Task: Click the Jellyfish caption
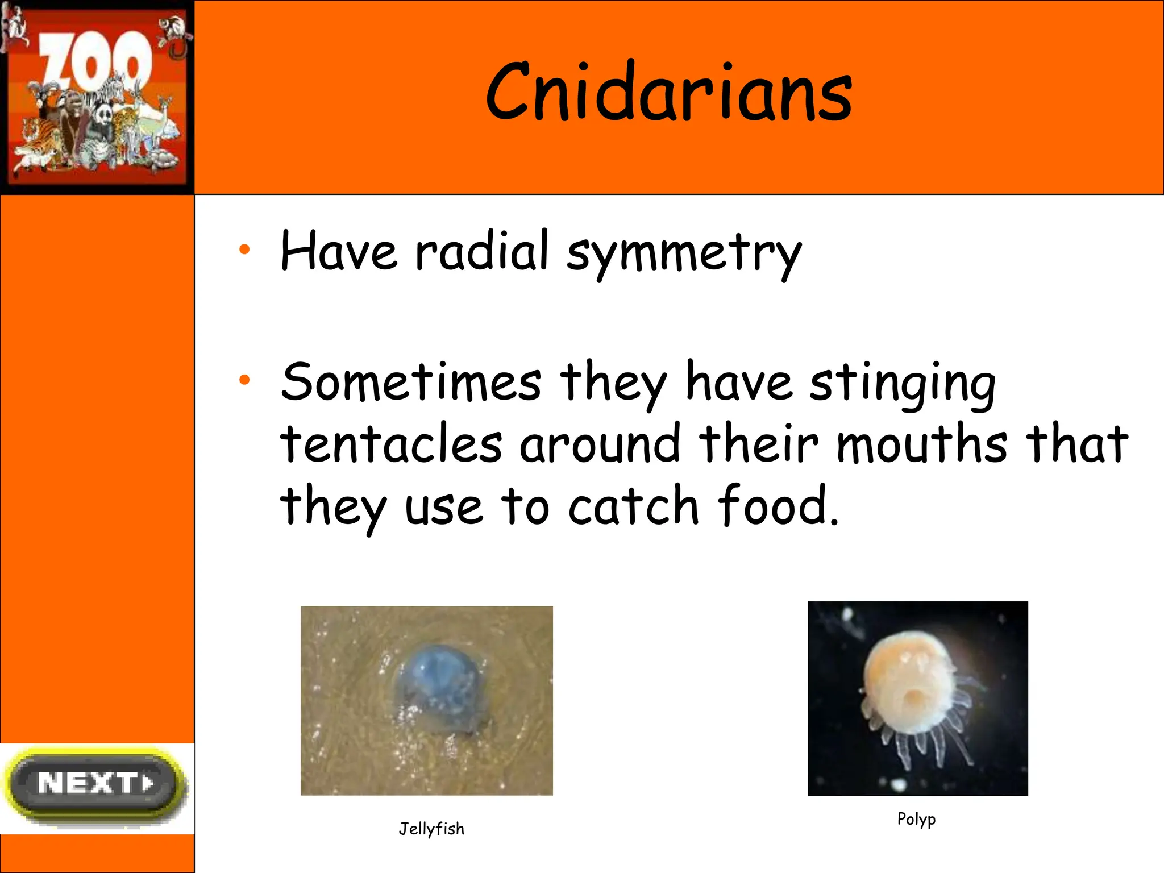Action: pos(431,829)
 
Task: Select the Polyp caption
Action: pos(916,819)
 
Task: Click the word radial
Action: pos(482,251)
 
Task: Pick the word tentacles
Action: pos(391,443)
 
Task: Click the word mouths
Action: pos(922,443)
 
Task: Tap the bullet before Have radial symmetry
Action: pos(244,249)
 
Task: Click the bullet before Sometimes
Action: pos(244,380)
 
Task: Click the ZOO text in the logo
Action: pos(95,61)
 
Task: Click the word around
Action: pos(600,443)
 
